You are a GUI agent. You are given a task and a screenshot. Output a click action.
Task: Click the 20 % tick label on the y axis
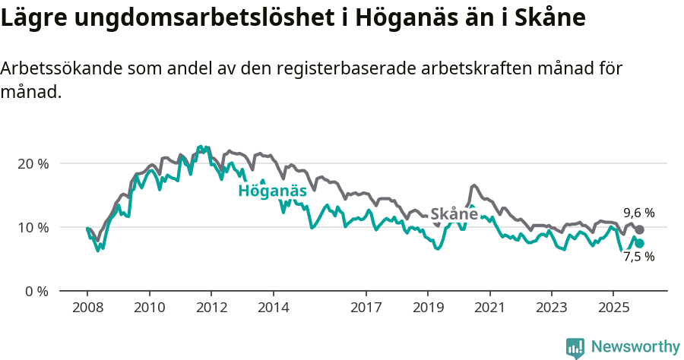click(x=32, y=163)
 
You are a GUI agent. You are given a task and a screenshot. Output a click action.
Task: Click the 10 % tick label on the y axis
click(x=32, y=227)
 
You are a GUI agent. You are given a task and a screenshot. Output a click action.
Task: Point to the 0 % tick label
click(x=35, y=291)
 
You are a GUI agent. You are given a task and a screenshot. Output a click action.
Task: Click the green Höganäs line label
click(x=272, y=191)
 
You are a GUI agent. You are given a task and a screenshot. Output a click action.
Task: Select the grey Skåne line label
click(x=454, y=214)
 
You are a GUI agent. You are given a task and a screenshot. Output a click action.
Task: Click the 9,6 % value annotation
click(x=638, y=213)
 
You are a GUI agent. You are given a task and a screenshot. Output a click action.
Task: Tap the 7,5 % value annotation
click(x=638, y=257)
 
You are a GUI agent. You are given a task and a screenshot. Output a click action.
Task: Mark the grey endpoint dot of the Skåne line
click(x=639, y=229)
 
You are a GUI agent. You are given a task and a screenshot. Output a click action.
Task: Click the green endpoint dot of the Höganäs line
click(x=639, y=243)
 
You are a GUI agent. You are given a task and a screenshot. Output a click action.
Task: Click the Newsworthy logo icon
click(x=575, y=348)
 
